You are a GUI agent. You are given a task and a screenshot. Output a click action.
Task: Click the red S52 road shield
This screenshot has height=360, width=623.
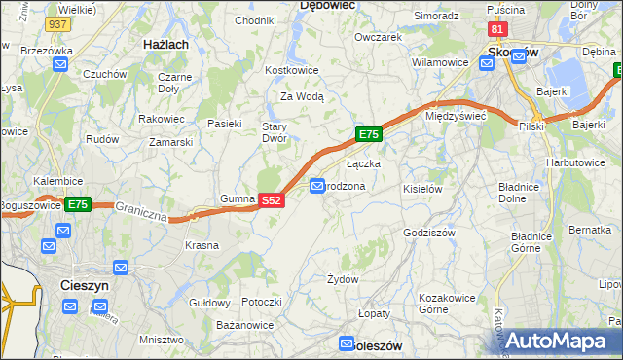(272, 200)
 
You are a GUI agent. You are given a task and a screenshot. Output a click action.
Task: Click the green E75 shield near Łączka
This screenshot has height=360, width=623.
(368, 134)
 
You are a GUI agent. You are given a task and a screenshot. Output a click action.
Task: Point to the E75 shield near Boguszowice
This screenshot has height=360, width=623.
(78, 204)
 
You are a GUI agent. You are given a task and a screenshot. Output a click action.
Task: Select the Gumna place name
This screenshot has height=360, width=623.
(237, 198)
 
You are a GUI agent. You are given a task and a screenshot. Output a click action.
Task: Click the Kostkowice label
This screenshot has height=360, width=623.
(292, 71)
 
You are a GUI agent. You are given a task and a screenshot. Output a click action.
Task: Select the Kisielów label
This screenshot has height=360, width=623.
(422, 189)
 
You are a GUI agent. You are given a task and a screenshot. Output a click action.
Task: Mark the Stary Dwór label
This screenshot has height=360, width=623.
(274, 132)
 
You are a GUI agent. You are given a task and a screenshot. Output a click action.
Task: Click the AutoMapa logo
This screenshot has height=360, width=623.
(556, 341)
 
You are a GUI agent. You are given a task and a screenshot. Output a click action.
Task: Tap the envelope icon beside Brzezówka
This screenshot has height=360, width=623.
(61, 65)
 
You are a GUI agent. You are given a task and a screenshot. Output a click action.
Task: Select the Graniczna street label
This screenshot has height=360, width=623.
(142, 210)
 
